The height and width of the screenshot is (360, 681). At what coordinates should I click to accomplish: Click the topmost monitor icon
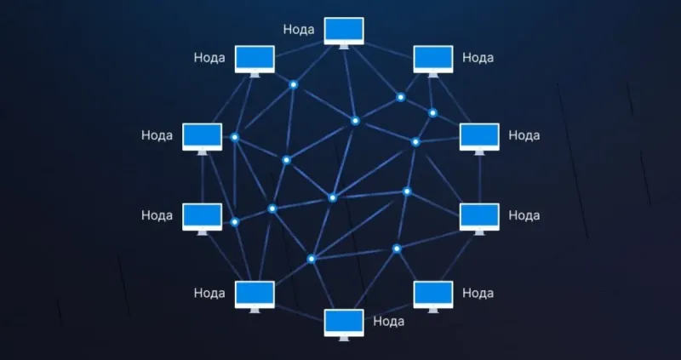344,32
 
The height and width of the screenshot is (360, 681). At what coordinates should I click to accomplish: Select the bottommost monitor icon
344,324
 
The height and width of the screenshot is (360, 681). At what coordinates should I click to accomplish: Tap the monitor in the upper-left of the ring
255,60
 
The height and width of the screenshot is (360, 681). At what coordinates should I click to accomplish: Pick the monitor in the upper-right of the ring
433,60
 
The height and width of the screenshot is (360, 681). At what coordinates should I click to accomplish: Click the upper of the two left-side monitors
202,139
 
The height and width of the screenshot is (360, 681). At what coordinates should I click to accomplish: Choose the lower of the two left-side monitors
202,219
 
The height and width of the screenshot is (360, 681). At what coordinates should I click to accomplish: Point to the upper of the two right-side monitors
479,139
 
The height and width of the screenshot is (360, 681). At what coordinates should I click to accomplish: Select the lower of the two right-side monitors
479,219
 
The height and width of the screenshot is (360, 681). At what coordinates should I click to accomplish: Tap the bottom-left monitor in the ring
255,296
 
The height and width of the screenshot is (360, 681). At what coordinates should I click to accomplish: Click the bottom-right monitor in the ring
433,296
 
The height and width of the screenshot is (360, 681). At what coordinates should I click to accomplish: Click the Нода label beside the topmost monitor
299,30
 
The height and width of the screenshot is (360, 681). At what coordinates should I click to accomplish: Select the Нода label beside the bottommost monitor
389,322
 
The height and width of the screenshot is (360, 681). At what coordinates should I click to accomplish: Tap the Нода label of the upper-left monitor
209,58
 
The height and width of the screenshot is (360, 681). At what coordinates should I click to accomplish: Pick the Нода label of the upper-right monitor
478,58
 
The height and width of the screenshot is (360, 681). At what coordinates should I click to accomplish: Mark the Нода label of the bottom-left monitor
209,293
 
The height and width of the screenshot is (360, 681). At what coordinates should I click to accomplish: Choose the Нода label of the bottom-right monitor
478,293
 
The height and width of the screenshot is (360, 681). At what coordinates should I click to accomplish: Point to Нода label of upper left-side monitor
157,135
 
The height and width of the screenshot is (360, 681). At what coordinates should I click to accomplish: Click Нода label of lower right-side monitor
524,215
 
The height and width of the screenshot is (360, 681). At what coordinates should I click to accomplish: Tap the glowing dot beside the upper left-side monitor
235,137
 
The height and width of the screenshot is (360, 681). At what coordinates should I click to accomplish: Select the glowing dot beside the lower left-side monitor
235,222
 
